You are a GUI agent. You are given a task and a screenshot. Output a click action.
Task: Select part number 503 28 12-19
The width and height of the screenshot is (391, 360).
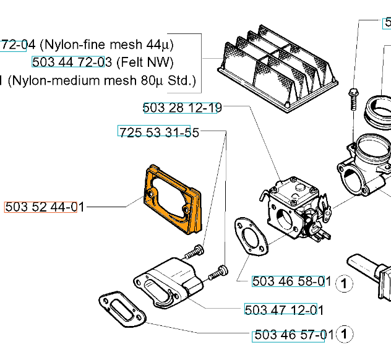coord(182,108)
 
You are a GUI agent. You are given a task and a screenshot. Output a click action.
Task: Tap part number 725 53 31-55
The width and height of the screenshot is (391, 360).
coord(158,132)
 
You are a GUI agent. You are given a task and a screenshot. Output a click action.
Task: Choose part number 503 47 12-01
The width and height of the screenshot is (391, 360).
coord(284,310)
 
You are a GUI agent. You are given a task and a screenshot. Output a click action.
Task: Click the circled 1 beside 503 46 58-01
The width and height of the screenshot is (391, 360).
coord(344,284)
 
